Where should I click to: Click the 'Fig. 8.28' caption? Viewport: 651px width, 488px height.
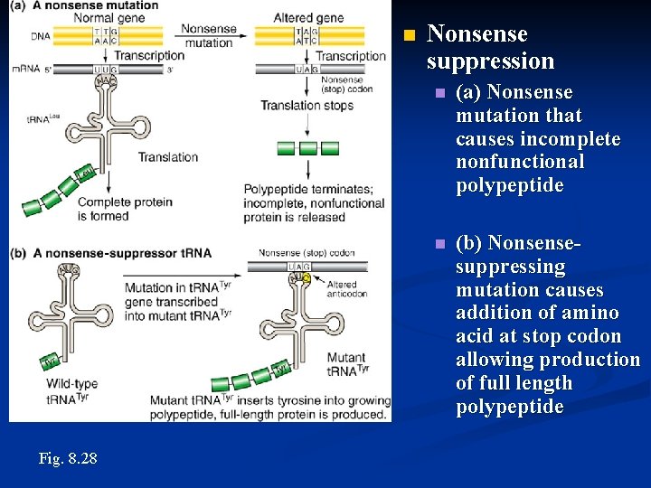(68, 458)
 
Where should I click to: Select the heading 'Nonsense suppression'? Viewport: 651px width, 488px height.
(490, 48)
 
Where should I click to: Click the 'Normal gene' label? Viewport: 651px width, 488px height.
(102, 18)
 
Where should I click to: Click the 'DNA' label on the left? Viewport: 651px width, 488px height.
(40, 36)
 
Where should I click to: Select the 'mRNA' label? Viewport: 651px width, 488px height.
(26, 70)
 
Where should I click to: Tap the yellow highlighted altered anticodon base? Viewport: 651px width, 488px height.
(306, 278)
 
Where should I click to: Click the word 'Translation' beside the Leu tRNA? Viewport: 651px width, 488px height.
(168, 157)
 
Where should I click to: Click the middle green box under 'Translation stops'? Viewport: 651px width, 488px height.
(308, 147)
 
